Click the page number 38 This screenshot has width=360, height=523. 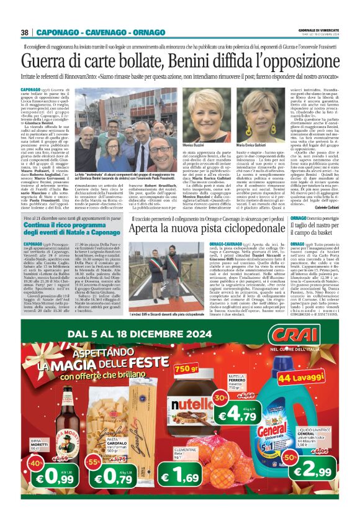tap(25, 32)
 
